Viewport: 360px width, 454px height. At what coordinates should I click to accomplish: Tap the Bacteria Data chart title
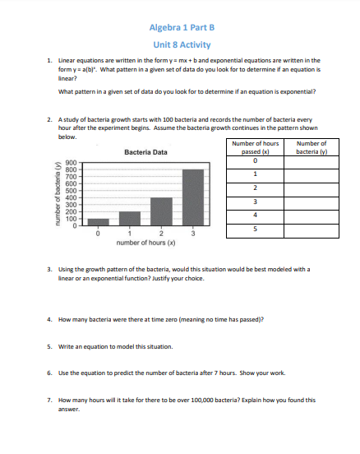pos(145,152)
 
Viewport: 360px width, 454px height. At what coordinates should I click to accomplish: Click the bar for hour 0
pos(98,220)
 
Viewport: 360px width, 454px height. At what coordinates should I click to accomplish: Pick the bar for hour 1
pos(130,217)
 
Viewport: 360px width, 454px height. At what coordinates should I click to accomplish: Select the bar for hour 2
pos(161,211)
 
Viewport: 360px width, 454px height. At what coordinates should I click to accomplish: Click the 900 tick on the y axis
pos(72,163)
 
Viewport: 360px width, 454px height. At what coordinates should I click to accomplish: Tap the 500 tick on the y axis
pos(72,190)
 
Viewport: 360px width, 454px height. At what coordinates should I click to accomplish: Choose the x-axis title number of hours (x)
pos(145,243)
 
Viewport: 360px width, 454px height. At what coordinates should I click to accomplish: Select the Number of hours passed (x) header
pos(256,148)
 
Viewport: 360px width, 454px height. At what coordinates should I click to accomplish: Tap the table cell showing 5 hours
pos(256,229)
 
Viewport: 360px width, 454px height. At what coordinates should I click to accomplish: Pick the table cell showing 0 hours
pos(256,160)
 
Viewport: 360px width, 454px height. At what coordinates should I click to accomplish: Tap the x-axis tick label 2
pos(161,234)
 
